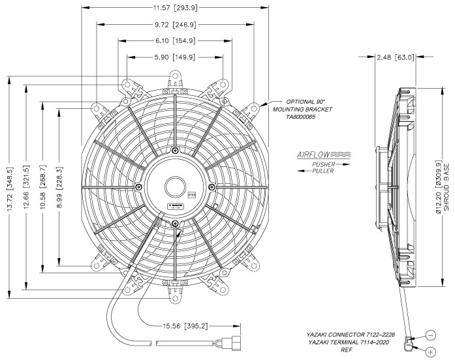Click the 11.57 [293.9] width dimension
[x=176, y=8]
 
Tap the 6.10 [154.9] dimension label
[x=175, y=41]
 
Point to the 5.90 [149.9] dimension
[x=175, y=57]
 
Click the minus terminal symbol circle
[x=431, y=335]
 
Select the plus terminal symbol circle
[x=431, y=352]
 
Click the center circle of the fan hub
[x=176, y=187]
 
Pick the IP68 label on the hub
[x=191, y=194]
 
